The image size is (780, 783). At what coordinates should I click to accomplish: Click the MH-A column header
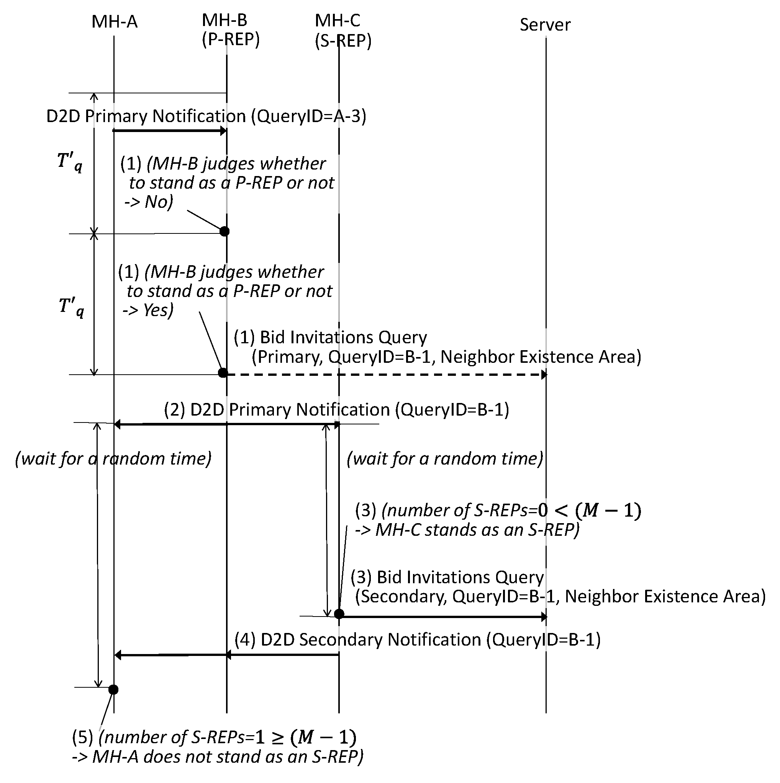[x=115, y=21]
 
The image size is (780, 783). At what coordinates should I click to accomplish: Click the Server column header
[x=545, y=25]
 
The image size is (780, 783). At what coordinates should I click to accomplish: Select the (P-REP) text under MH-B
[x=230, y=39]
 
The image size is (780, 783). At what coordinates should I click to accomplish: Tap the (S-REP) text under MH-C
[x=343, y=41]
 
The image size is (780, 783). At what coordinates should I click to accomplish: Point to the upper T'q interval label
[x=70, y=162]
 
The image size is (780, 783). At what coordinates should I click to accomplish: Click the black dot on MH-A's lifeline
[x=113, y=689]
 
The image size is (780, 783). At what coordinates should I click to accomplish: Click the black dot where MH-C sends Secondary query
[x=339, y=614]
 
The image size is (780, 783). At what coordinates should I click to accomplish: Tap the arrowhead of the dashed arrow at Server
[x=544, y=375]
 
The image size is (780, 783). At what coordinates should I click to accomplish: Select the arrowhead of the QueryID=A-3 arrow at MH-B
[x=223, y=130]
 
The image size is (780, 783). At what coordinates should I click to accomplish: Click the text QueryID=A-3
[x=308, y=116]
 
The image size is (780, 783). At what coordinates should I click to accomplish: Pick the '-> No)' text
[x=149, y=202]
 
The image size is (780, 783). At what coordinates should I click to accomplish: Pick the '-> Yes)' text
[x=148, y=310]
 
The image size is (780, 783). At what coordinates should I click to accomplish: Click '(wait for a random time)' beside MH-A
[x=113, y=458]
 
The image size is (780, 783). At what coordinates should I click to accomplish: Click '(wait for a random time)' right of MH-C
[x=444, y=458]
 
